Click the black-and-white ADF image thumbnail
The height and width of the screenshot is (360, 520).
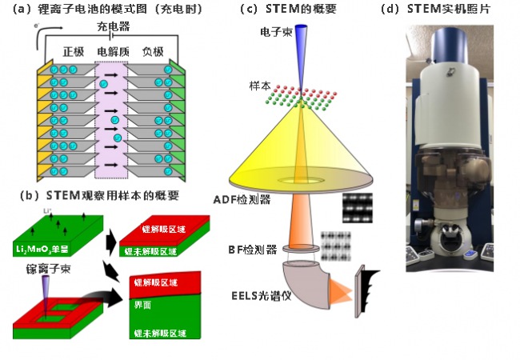pyautogui.click(x=358, y=208)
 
